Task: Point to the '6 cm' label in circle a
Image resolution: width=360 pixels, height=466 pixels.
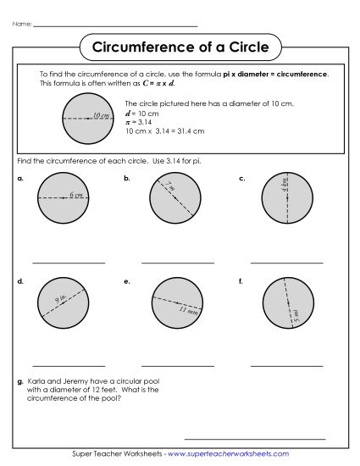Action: point(76,195)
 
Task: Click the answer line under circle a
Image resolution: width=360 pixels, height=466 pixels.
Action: point(69,263)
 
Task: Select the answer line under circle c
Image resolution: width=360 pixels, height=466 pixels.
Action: point(287,263)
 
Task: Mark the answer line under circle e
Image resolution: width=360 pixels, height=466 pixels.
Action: point(178,366)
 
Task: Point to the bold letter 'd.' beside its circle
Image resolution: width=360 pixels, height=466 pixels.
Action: point(19,280)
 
